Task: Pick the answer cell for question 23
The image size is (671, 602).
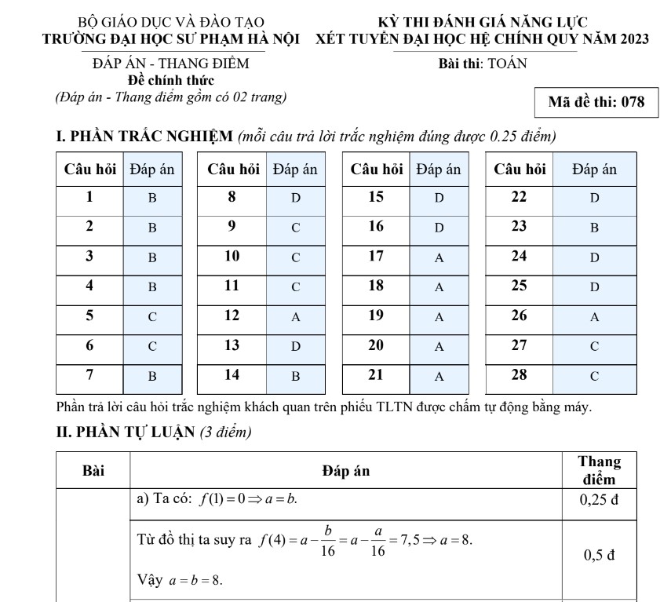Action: click(x=594, y=228)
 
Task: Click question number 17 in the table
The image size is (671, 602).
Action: click(x=377, y=257)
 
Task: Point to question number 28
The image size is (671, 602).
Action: click(x=520, y=374)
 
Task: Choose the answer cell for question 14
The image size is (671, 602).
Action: click(x=296, y=376)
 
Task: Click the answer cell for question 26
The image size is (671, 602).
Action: click(x=594, y=317)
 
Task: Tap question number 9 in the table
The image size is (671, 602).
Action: click(x=232, y=227)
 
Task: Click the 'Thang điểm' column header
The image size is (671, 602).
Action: click(x=599, y=470)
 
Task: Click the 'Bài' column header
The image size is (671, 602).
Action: click(x=93, y=471)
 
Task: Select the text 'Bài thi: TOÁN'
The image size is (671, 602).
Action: click(x=483, y=64)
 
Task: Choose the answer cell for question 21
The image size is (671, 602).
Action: click(x=439, y=376)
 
